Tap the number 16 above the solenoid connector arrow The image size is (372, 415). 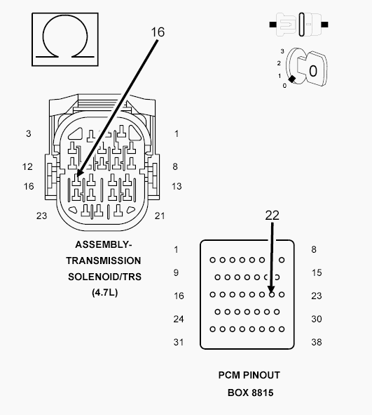point(158,32)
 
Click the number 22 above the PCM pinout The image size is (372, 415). point(272,216)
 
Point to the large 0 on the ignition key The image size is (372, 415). point(313,71)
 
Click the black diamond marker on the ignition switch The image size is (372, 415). point(291,79)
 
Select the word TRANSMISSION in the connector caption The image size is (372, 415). point(104,261)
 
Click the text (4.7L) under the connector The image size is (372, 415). point(105,292)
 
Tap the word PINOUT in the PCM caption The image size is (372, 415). point(261,375)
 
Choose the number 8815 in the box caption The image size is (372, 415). point(262,393)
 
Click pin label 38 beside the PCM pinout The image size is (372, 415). point(316,342)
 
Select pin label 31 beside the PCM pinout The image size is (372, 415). point(179,342)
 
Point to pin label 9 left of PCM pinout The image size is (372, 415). point(176,272)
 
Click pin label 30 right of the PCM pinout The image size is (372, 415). point(316,319)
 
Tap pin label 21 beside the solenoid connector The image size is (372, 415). point(160,216)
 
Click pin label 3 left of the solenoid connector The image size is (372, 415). point(29,133)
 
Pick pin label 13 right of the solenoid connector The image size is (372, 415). point(177,186)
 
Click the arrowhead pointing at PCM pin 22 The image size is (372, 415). point(271,289)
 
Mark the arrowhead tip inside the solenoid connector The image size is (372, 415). point(76,177)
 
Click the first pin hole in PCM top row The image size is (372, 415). point(212,260)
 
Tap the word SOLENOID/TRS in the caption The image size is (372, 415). point(105,277)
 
